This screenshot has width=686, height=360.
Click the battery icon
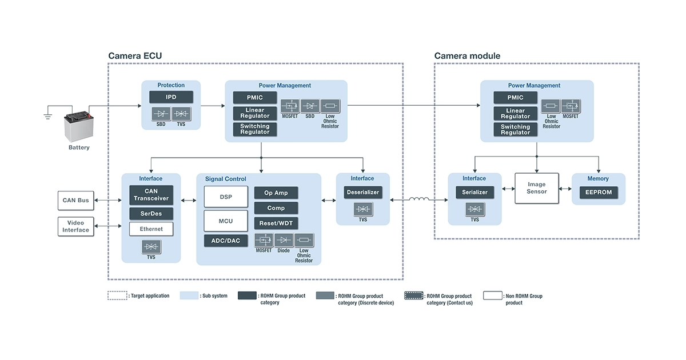coord(79,126)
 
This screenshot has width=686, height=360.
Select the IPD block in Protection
coord(171,97)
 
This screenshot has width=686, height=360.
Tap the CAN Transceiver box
coord(151,195)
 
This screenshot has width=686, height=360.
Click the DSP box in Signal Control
coord(226,197)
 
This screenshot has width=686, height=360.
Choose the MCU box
coord(226,221)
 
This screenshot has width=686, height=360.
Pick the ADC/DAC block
coord(226,241)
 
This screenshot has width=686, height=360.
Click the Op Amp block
coord(276,193)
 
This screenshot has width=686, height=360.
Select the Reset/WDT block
coord(276,223)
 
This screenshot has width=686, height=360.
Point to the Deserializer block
coord(363,193)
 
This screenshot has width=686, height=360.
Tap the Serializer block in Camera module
coord(474,193)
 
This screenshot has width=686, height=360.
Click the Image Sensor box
coord(536,188)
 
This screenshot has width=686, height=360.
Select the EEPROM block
coord(598,193)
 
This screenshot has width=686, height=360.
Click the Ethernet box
coord(151,229)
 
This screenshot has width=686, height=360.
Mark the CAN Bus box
coord(76,201)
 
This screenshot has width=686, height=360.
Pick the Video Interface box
coord(76,226)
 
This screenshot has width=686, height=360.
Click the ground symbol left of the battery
coord(48,116)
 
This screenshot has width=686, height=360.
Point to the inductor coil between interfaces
coord(419,199)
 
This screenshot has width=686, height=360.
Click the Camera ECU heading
coord(135,56)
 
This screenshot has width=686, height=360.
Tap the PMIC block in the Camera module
coord(515,98)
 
